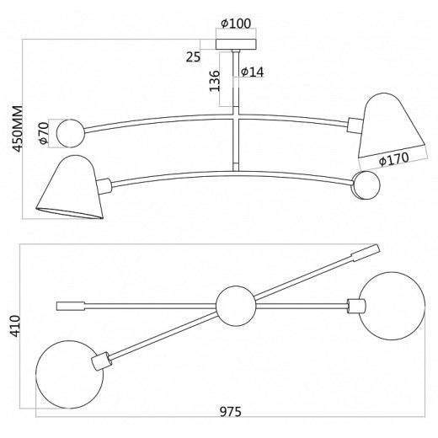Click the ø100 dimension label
click(236, 24)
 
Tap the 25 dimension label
click(193, 57)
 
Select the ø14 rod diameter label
click(253, 72)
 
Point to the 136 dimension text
click(215, 81)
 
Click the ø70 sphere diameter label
click(44, 133)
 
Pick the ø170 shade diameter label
click(393, 159)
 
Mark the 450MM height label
click(18, 129)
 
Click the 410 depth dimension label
click(15, 326)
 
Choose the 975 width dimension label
click(231, 412)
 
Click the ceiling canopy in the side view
click(236, 45)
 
